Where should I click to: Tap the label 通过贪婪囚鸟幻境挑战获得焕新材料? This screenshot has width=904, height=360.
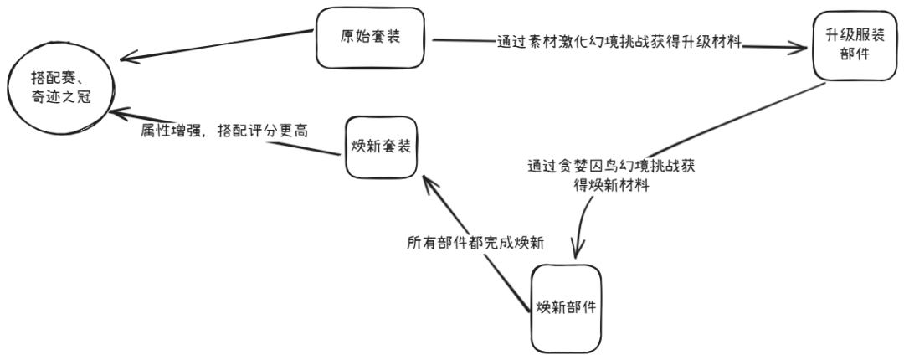point(611,176)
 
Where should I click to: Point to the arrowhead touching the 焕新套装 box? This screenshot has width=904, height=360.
point(427,179)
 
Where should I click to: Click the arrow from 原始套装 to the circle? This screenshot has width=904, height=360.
point(218,49)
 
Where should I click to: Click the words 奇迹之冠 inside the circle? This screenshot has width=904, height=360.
point(58,97)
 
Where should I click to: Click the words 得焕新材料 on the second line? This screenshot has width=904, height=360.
point(612,186)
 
